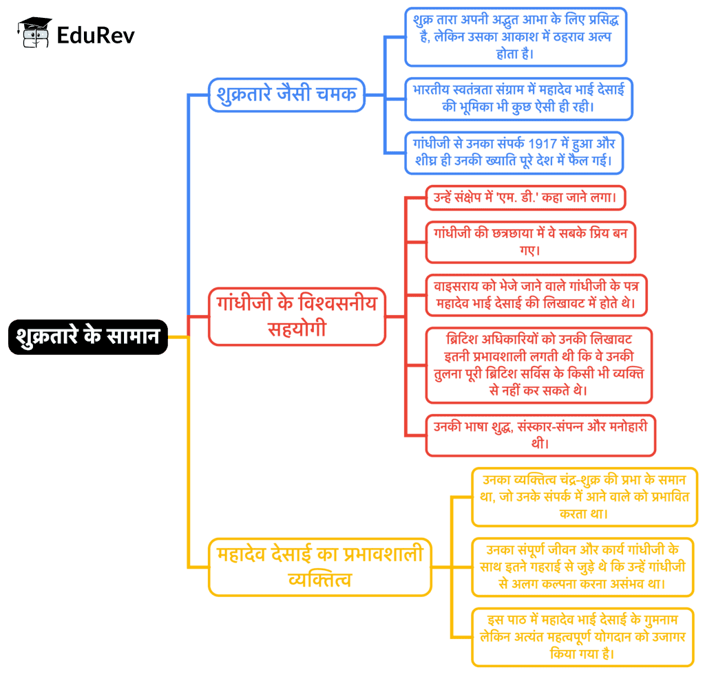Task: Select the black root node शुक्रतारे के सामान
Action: coord(87,336)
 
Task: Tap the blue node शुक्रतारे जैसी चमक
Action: coord(286,94)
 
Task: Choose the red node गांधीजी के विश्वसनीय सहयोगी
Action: coord(297,316)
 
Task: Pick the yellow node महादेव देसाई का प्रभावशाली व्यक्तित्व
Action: coord(320,567)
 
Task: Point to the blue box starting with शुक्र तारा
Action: coord(516,36)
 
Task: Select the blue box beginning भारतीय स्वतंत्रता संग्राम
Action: coord(518,99)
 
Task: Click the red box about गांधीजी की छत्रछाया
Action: coord(530,241)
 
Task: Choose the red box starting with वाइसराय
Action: coord(536,294)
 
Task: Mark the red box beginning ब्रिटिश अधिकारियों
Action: coord(538,365)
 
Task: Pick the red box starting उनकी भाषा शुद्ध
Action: coord(540,435)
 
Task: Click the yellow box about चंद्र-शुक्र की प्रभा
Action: coord(585,497)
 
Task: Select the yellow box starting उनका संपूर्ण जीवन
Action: coord(582,567)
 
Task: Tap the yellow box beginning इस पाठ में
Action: coord(582,636)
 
